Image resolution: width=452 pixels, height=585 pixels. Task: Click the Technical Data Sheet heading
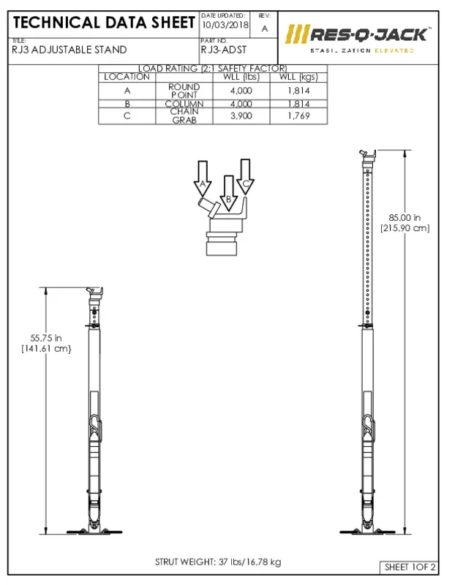[x=104, y=23]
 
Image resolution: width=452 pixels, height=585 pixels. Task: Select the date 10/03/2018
[x=225, y=26]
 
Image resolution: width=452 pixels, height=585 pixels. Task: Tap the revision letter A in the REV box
[x=264, y=28]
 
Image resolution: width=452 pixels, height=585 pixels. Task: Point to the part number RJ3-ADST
[x=224, y=50]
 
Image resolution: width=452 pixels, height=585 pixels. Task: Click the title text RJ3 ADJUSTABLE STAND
[x=69, y=50]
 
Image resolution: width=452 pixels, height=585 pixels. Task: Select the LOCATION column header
[x=127, y=77]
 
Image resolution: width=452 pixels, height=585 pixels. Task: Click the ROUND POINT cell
[x=184, y=91]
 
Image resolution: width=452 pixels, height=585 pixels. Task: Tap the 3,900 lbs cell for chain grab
[x=241, y=116]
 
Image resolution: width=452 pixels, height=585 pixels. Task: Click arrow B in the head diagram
[x=229, y=194]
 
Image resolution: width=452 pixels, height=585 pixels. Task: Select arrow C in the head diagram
[x=246, y=177]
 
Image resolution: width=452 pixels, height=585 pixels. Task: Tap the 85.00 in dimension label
[x=404, y=222]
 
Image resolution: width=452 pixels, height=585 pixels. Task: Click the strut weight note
[x=217, y=562]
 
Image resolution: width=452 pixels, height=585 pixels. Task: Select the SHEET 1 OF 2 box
[x=410, y=567]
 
